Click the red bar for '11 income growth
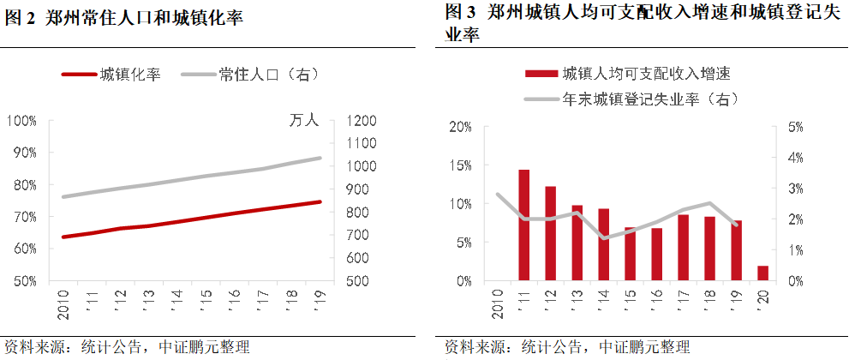point(523,225)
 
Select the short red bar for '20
point(762,273)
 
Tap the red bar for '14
point(603,245)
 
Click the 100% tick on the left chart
point(21,120)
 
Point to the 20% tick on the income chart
point(461,127)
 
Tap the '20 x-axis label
point(762,300)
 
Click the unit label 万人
point(304,121)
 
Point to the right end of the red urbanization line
point(320,202)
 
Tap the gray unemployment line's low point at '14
point(603,238)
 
